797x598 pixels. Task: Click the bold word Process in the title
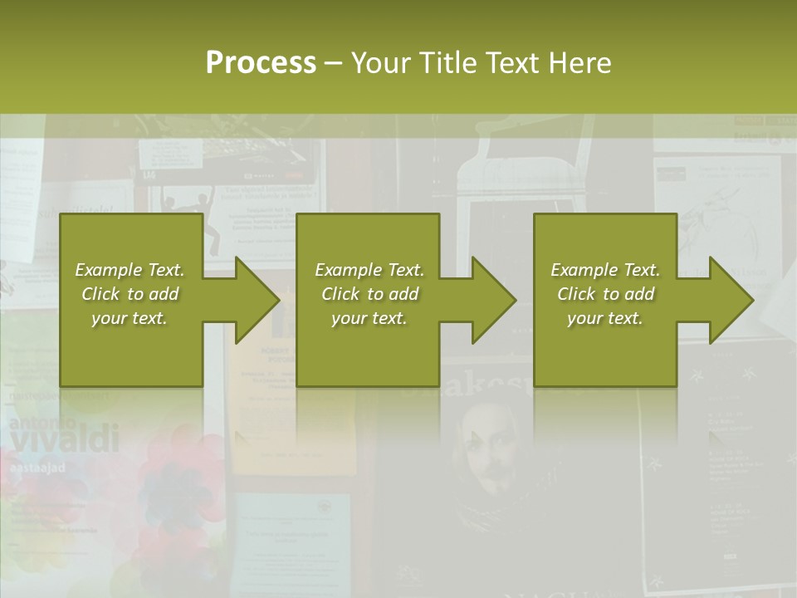pyautogui.click(x=261, y=63)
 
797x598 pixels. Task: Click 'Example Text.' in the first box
pyautogui.click(x=130, y=270)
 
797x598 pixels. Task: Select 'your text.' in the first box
pyautogui.click(x=130, y=318)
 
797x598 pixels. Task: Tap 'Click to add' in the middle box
pyautogui.click(x=369, y=294)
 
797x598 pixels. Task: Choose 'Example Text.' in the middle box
pyautogui.click(x=369, y=270)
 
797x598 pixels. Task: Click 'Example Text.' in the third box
pyautogui.click(x=605, y=270)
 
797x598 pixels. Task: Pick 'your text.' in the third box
pyautogui.click(x=605, y=318)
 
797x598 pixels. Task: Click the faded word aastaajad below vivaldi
pyautogui.click(x=37, y=468)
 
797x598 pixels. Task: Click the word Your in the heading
pyautogui.click(x=379, y=63)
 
